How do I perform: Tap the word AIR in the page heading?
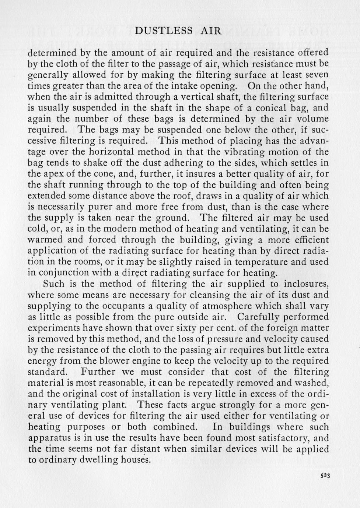coord(211,31)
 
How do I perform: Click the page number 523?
coord(324,476)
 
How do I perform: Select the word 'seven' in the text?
coord(316,75)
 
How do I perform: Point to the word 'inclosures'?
coord(300,284)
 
